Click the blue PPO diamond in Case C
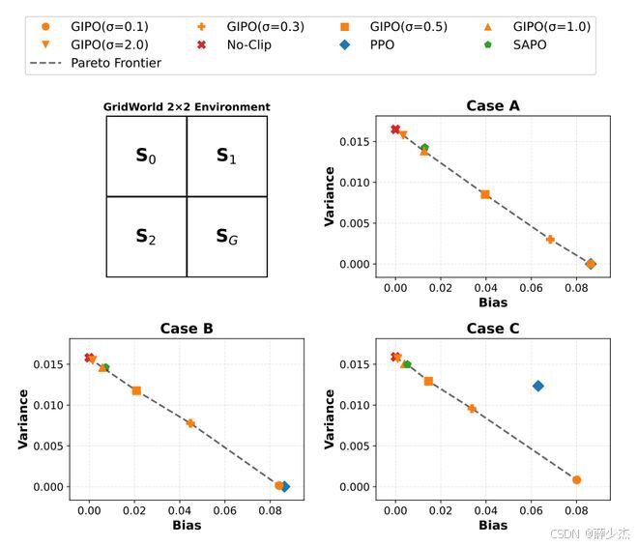pos(537,386)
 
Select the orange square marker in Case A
pos(485,194)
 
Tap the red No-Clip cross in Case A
pos(395,130)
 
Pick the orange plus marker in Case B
pos(190,423)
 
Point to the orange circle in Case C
pos(576,480)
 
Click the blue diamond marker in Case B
pos(285,486)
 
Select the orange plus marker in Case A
pos(550,239)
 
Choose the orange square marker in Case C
pos(428,381)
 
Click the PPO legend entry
pos(367,44)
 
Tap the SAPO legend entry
pos(514,44)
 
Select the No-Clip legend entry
pos(234,44)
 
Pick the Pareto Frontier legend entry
pos(95,63)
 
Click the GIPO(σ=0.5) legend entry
pos(393,27)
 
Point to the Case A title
pos(493,105)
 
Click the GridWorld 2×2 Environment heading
pos(187,107)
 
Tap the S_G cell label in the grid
pos(226,237)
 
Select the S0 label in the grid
pos(146,156)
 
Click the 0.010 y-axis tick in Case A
pos(355,183)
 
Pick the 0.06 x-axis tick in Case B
pos(224,510)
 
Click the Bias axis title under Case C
pos(493,525)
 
